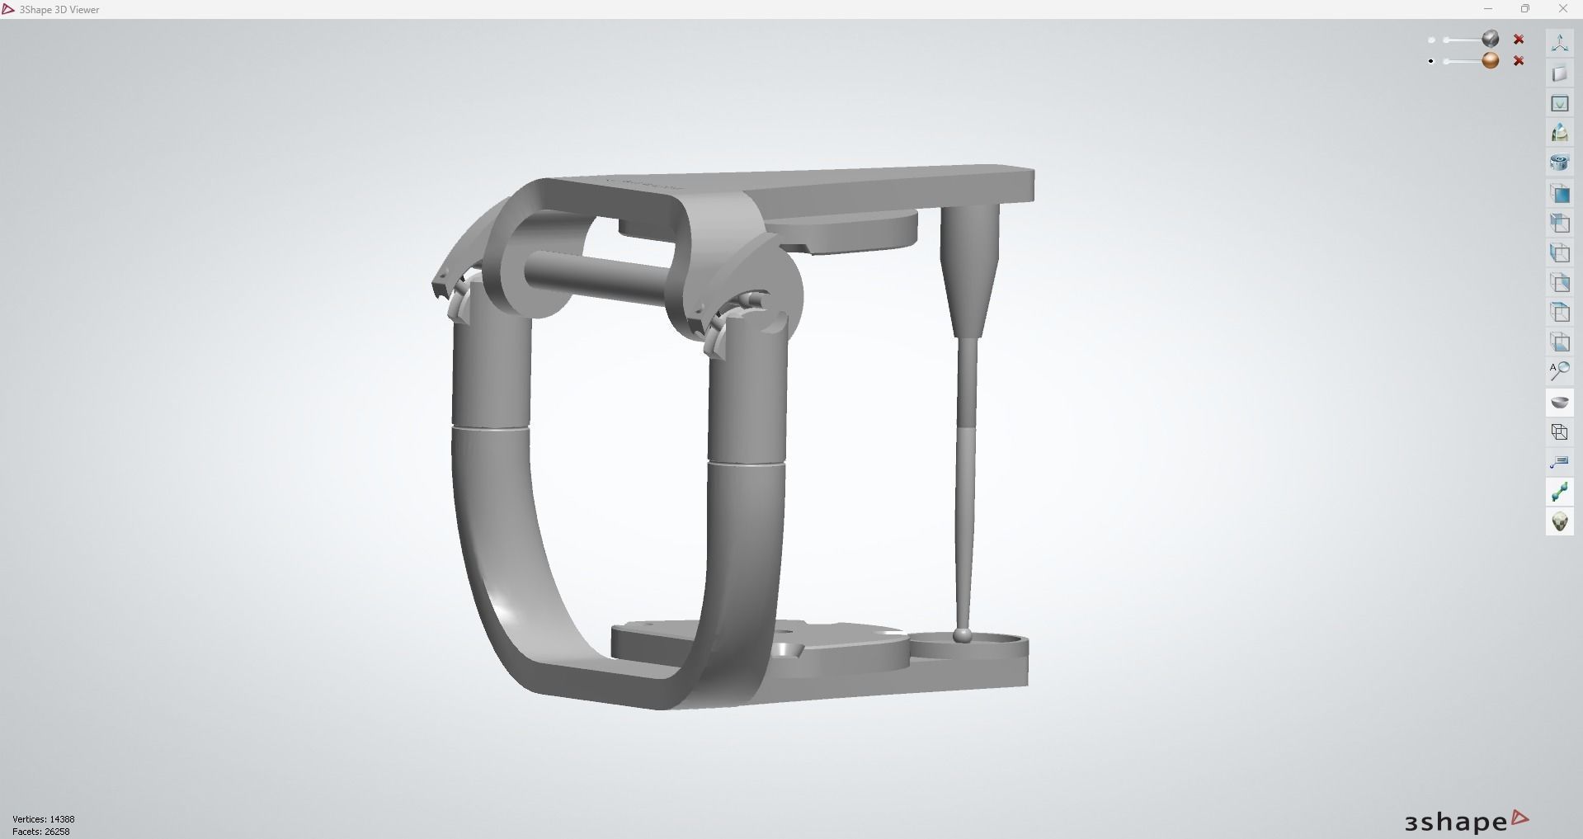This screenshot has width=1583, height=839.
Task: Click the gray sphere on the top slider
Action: (1491, 39)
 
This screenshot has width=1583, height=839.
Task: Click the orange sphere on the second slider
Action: (1491, 60)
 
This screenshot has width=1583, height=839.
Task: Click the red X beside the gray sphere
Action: (1519, 40)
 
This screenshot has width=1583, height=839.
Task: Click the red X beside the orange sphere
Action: (1519, 61)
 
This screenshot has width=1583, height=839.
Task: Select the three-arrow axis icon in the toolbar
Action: (1559, 44)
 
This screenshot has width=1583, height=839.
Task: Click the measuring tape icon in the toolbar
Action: (1559, 462)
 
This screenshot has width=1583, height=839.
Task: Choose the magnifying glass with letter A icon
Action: (1559, 371)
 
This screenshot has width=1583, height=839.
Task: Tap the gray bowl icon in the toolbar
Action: (1559, 402)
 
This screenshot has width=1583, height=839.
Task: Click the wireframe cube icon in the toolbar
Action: (1559, 432)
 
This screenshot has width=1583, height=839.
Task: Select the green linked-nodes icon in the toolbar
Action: (1559, 493)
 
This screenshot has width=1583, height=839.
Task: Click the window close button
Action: (1562, 9)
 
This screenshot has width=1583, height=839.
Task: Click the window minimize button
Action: (1488, 9)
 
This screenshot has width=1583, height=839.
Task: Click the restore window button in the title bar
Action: (1525, 9)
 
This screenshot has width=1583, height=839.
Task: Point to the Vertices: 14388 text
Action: (44, 819)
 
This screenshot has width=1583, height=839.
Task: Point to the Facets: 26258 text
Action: (41, 832)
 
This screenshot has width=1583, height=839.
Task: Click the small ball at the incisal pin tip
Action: (961, 635)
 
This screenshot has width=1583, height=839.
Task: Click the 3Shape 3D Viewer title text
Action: (59, 10)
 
